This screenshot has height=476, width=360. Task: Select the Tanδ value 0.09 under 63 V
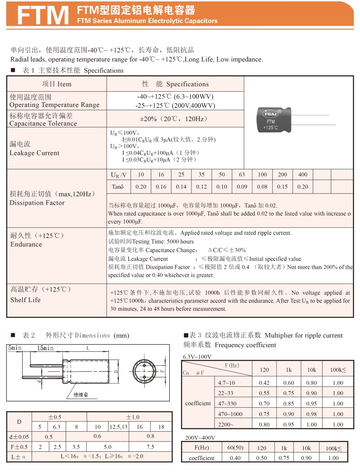pos(242,187)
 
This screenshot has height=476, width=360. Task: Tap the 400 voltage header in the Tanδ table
pos(302,175)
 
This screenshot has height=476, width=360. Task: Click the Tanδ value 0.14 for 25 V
pos(181,187)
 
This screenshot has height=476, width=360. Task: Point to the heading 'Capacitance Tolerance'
pos(43,123)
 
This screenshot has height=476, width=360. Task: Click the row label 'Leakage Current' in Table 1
pos(35,153)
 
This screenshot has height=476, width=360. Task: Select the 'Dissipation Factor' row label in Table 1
pos(37,203)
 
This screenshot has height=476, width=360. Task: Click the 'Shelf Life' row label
pos(25,300)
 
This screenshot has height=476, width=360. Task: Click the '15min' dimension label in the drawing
pos(45,348)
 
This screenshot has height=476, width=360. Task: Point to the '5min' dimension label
pos(15,348)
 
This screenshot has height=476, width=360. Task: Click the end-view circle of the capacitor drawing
pos(144,370)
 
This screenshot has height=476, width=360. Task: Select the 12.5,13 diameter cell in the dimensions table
pos(119,427)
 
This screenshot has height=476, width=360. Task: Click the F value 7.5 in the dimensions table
pos(150,447)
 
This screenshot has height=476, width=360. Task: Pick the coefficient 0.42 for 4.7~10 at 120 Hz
pos(264,383)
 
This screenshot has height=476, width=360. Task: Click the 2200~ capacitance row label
pos(226,425)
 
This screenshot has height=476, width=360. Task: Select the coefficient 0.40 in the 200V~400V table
pos(235,458)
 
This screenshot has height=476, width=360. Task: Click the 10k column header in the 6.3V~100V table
pos(312,370)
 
